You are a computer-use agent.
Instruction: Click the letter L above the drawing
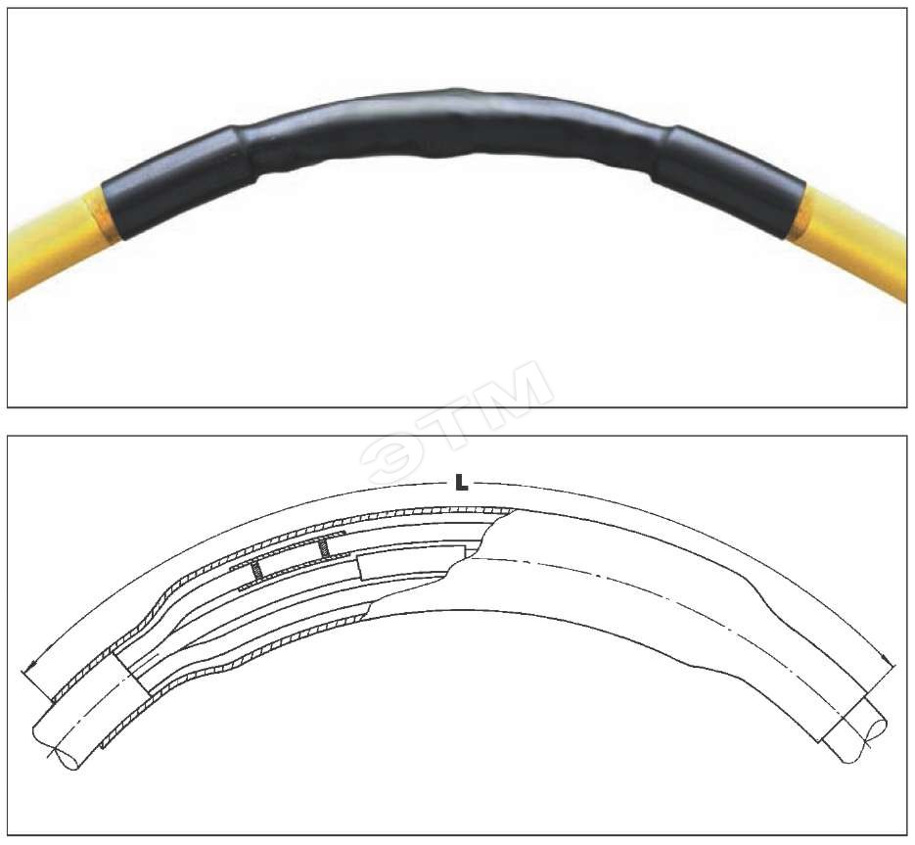click(x=461, y=484)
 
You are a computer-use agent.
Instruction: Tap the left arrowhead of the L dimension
click(x=31, y=664)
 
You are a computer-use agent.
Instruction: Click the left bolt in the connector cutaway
click(x=255, y=571)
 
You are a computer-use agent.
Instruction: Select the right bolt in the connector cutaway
click(x=322, y=547)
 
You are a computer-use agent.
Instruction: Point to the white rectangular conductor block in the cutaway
click(x=411, y=562)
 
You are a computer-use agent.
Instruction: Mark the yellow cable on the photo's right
click(x=852, y=240)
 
